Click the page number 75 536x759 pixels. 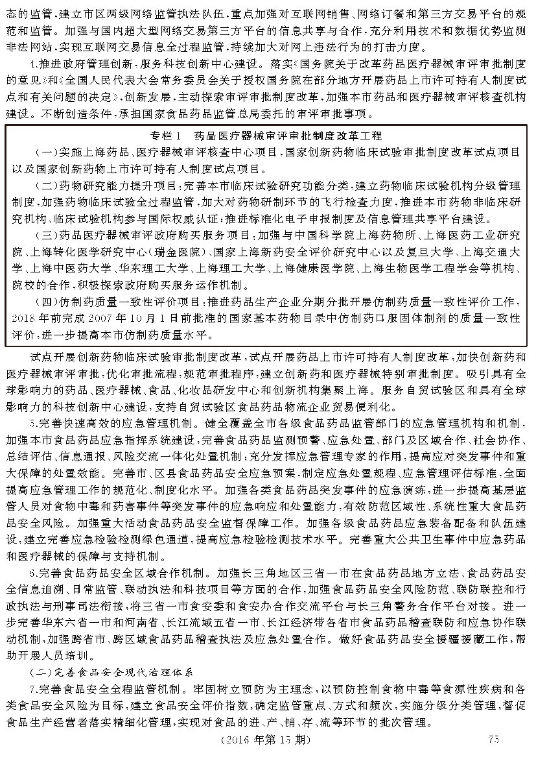pos(493,740)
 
